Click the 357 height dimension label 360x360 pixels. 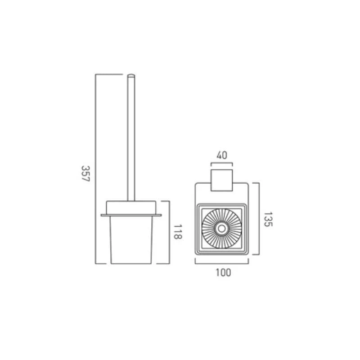coord(85,174)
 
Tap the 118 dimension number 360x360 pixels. coord(177,232)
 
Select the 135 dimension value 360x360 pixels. coord(267,220)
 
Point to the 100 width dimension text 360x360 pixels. coord(223,273)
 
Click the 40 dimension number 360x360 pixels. coord(222,155)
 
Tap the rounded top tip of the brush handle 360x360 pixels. coord(131,75)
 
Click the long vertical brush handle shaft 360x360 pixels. coord(131,138)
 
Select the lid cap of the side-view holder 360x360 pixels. coord(131,207)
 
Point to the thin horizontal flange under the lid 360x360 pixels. coord(131,216)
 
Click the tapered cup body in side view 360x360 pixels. coord(131,240)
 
